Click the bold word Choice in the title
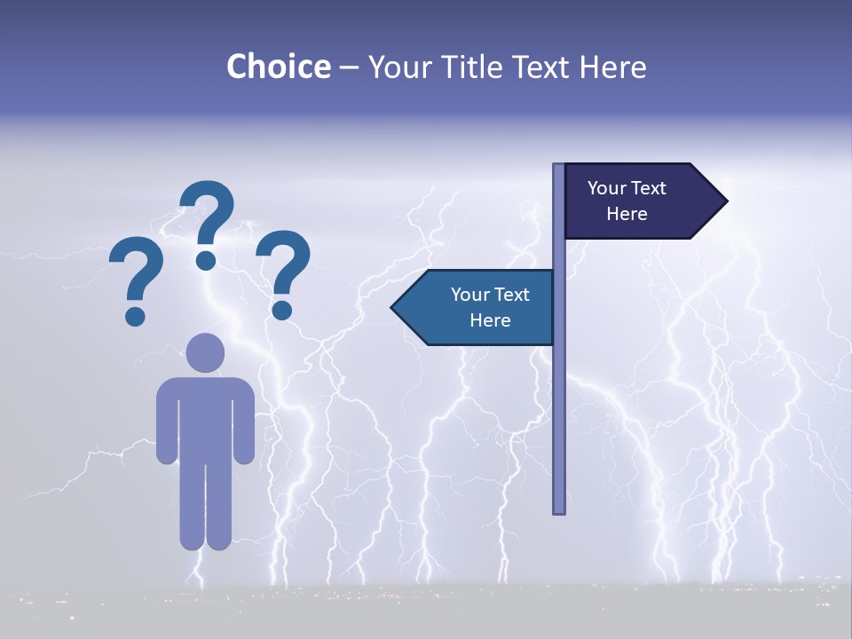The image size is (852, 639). (x=278, y=67)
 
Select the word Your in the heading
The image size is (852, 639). (x=398, y=67)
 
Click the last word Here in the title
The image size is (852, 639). (x=612, y=67)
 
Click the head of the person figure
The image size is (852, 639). (x=205, y=352)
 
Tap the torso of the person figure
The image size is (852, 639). (x=205, y=417)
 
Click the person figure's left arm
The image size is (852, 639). (x=167, y=422)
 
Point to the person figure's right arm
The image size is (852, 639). (x=244, y=422)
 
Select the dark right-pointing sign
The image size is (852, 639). (x=635, y=201)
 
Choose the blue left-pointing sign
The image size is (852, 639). (x=479, y=307)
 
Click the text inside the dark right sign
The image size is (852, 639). (x=627, y=201)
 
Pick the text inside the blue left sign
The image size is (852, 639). (x=490, y=307)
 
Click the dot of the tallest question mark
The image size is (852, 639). (x=206, y=260)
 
